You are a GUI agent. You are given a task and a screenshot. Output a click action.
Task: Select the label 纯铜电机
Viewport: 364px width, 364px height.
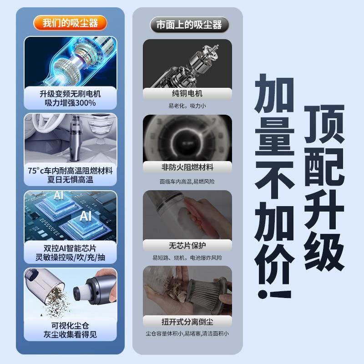187,94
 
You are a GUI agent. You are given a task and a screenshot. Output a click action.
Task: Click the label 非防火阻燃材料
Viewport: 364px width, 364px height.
187,167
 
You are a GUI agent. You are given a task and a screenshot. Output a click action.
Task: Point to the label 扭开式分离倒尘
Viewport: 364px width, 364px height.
187,322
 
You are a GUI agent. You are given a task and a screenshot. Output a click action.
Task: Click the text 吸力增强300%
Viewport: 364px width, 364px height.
70,103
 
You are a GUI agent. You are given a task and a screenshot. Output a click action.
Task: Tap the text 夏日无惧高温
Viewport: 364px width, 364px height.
70,181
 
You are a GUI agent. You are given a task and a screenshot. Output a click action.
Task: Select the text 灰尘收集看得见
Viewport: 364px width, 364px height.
70,335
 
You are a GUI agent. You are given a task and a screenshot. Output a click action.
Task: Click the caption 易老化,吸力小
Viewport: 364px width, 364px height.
187,106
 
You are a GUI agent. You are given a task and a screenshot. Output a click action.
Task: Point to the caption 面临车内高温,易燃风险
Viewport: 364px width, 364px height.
187,181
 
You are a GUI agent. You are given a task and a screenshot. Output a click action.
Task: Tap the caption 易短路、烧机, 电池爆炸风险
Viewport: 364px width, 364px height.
187,258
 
